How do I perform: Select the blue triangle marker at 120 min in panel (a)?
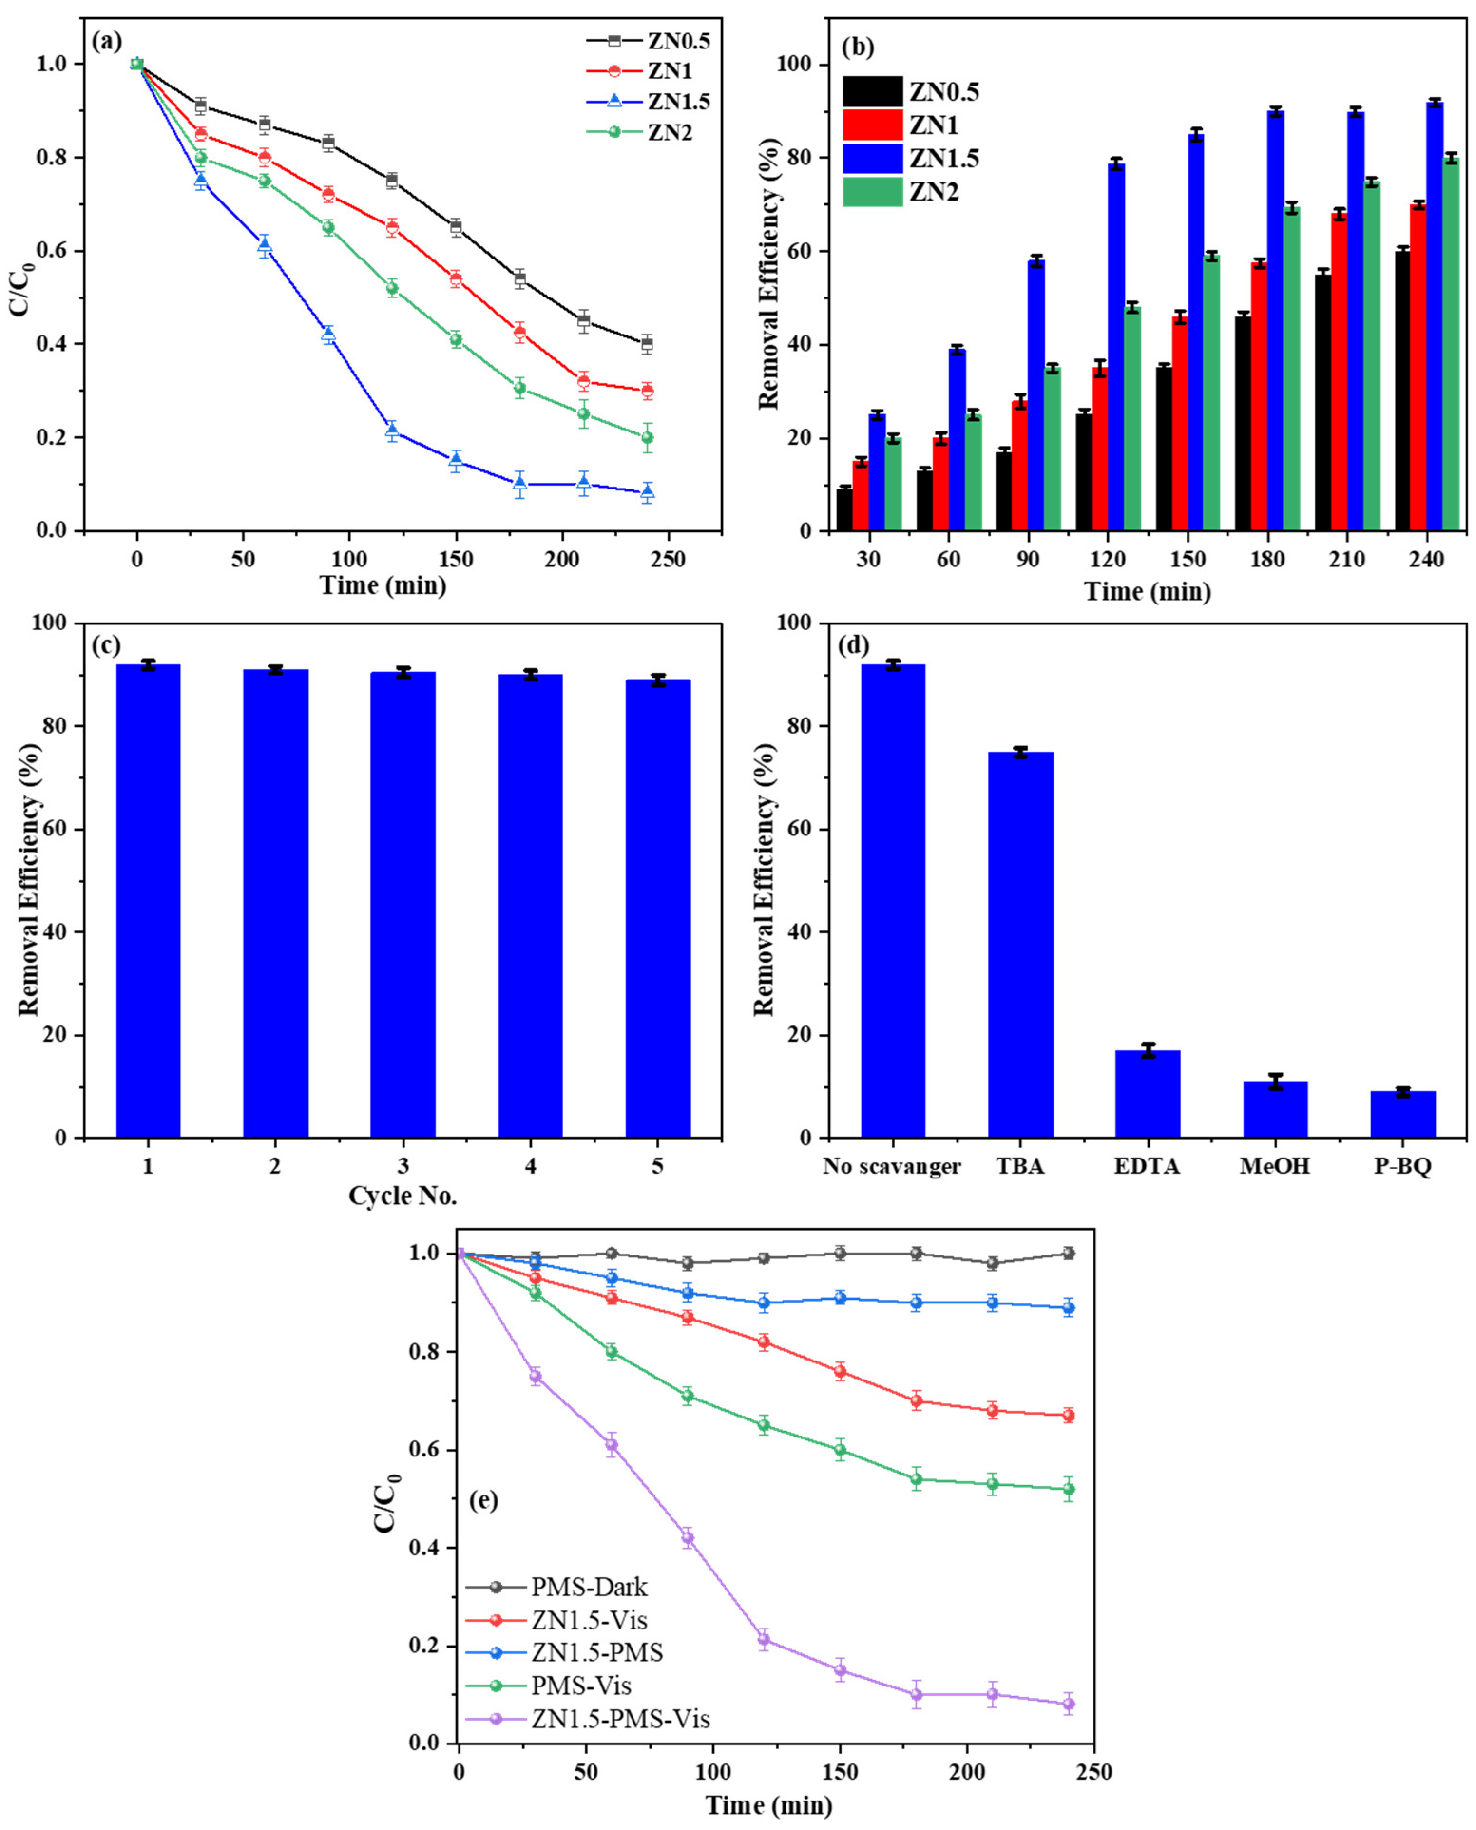[x=392, y=430]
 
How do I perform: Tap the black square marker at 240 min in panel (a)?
[x=647, y=344]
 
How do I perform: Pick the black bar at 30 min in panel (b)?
[x=844, y=509]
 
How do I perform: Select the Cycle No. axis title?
[x=403, y=1196]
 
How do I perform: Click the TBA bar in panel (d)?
[x=1020, y=943]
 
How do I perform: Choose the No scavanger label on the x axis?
[x=892, y=1166]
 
